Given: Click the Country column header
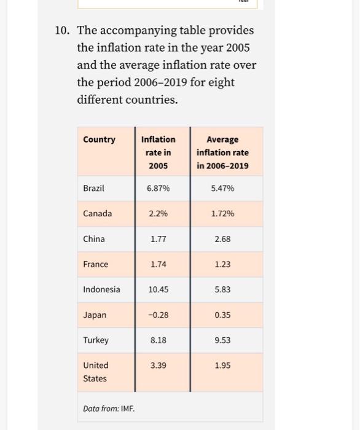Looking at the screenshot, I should [99, 139].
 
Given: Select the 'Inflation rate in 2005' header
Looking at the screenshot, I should [158, 152].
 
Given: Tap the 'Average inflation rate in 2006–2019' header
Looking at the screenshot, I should [222, 152].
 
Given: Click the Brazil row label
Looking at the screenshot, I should [93, 188].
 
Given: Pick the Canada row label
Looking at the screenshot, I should [98, 213].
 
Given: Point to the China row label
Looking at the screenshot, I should [94, 239].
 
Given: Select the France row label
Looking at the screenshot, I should [95, 264].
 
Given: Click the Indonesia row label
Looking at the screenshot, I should [101, 289].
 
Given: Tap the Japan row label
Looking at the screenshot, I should [95, 315].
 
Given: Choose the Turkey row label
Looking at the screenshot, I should [96, 340].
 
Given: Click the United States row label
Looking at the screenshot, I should [95, 372].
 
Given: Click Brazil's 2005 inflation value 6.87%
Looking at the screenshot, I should [158, 188].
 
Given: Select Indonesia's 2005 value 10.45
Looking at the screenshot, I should [158, 289].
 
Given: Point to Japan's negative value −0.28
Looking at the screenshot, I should [158, 315].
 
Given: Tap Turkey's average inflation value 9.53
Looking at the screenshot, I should [222, 340].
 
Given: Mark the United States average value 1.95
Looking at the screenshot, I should [222, 365].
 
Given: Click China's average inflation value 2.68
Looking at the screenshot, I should [222, 239].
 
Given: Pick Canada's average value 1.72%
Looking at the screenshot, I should [222, 213].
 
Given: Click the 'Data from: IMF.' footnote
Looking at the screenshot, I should [109, 408].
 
